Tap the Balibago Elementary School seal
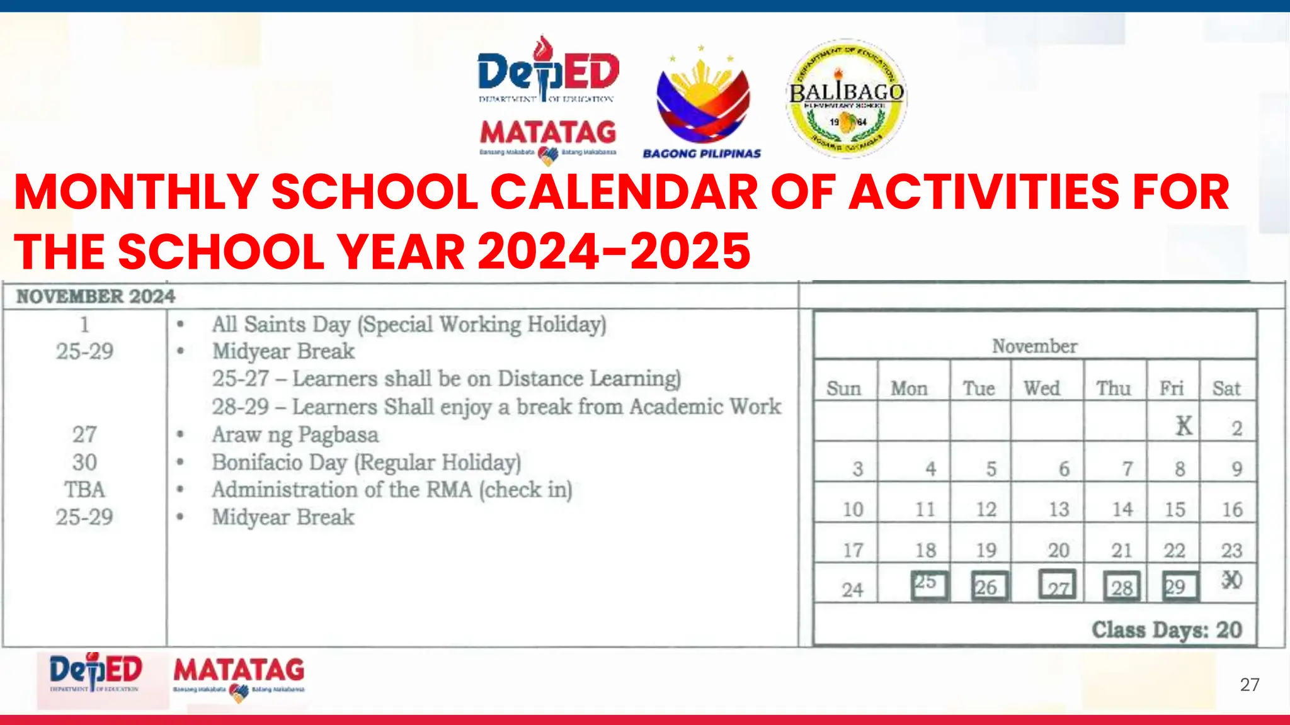(x=847, y=98)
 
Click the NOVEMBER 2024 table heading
(x=96, y=296)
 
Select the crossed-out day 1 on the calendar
(x=1184, y=426)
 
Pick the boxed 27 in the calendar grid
(x=1057, y=586)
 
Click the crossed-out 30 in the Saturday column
(x=1231, y=580)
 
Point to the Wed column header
(x=1042, y=388)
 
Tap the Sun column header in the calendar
(x=843, y=388)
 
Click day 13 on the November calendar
(x=1059, y=509)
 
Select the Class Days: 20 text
(x=1167, y=629)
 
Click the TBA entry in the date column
(x=84, y=490)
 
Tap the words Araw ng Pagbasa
(x=295, y=435)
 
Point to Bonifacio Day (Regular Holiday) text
(x=366, y=463)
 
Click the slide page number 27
(x=1250, y=685)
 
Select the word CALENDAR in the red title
(x=624, y=192)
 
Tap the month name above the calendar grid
(x=1034, y=346)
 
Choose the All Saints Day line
(x=409, y=325)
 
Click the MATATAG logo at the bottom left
(x=239, y=675)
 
